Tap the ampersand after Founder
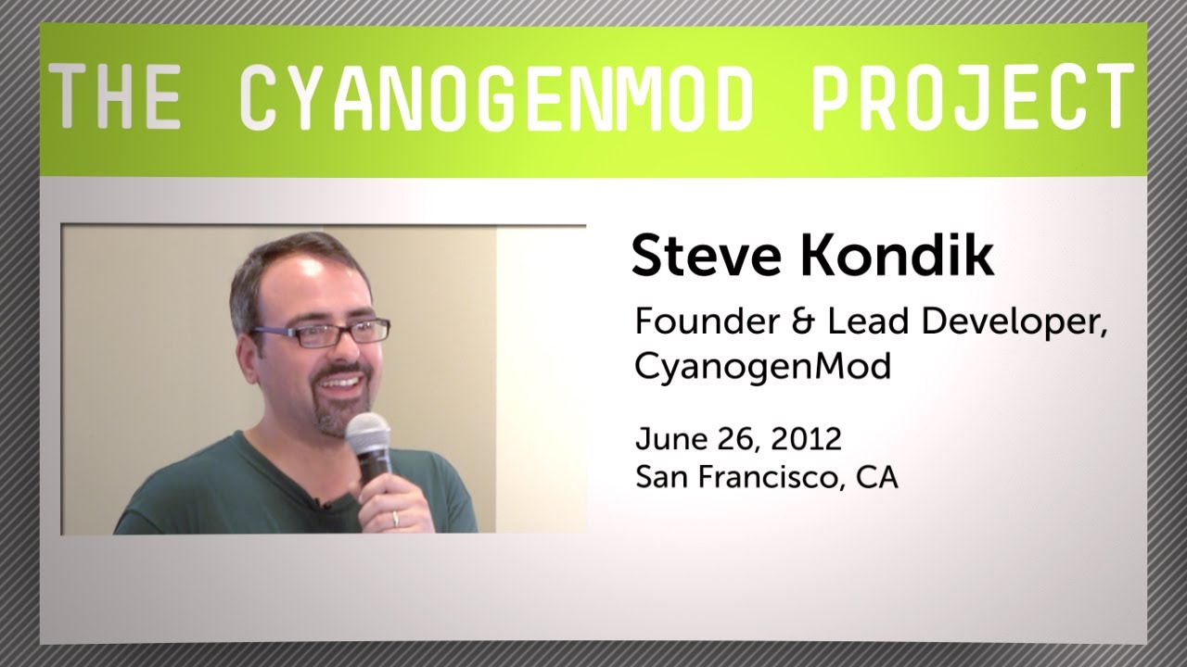pos(794,324)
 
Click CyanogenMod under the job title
pos(762,368)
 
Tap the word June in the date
pos(666,437)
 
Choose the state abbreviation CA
pos(876,479)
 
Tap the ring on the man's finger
pos(397,518)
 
